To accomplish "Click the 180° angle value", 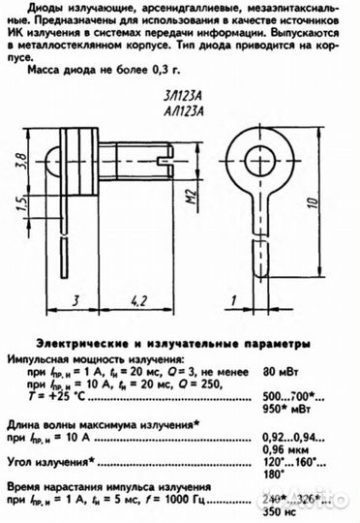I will point(274,476).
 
